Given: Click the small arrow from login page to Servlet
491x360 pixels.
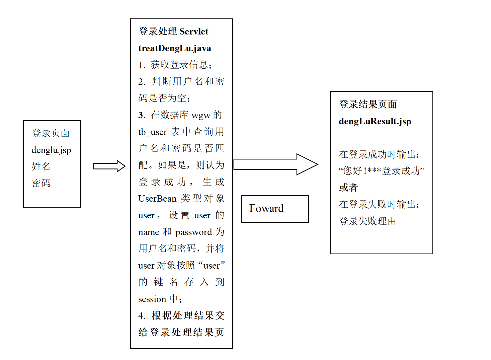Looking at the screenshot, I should (x=109, y=166).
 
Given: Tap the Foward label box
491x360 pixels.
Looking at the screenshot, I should (x=275, y=209).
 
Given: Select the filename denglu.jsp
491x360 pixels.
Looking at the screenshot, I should (x=51, y=150).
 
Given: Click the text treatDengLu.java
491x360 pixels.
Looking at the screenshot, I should (x=174, y=48).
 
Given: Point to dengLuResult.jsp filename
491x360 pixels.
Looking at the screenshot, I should (x=375, y=121).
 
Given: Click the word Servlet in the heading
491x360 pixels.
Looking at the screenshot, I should (x=194, y=31).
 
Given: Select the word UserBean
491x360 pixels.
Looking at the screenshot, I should (x=157, y=199).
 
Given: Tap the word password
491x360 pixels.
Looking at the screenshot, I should (x=193, y=232).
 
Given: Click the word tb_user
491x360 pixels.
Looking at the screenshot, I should (x=152, y=132).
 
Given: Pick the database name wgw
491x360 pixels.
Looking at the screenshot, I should (x=201, y=115).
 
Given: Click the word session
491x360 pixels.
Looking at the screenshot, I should (x=152, y=299).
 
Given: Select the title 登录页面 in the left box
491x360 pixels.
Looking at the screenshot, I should (x=51, y=133).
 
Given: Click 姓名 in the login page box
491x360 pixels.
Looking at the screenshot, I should (x=41, y=166).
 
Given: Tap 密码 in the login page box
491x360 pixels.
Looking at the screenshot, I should (x=41, y=183).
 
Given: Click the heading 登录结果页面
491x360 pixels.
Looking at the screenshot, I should (x=368, y=104).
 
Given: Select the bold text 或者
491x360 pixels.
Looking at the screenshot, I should (x=348, y=188).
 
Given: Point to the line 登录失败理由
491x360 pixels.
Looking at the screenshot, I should (x=367, y=221).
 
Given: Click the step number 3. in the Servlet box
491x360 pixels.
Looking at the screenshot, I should (x=142, y=115).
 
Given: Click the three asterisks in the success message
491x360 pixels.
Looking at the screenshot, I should (x=374, y=170).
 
